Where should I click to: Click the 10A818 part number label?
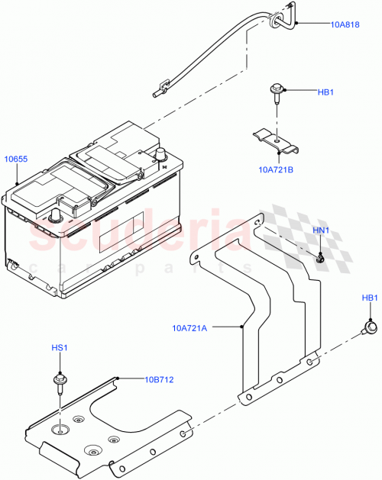coord(345,24)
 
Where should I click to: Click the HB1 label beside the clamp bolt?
coord(326,92)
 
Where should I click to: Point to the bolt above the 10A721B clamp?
coord(277,95)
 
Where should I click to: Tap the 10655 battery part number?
coord(16,159)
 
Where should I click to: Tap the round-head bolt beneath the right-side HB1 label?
coord(371,328)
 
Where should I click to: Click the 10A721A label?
coord(190,329)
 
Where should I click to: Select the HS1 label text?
coord(59,348)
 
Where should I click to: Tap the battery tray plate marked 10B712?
coord(107,427)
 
